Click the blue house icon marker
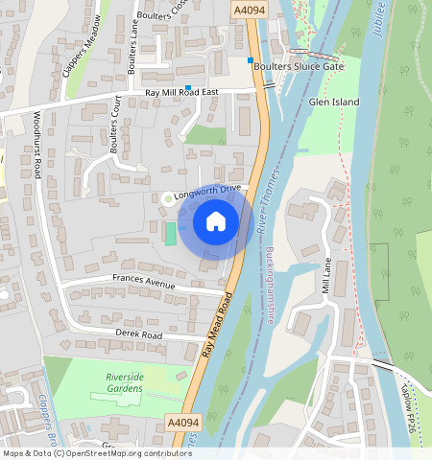coord(216,222)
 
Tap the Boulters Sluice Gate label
coord(299,66)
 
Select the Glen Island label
coord(334,102)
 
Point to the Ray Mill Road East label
coord(182,93)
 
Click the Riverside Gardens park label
coord(118,383)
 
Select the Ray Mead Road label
coord(220,324)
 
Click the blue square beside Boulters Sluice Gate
coord(251,61)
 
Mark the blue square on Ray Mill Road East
coord(188,88)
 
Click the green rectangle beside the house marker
coord(171,233)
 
